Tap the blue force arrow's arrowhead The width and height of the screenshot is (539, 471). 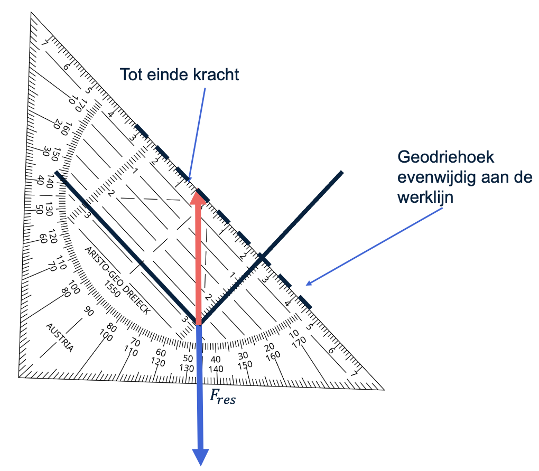click(200, 457)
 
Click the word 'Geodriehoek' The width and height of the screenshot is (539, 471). click(446, 157)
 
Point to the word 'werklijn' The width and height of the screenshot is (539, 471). click(425, 197)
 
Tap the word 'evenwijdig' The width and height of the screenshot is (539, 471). click(437, 177)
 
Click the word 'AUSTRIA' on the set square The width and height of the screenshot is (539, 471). click(60, 338)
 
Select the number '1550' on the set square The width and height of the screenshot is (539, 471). click(112, 289)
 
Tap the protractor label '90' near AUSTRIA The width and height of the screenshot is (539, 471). click(88, 311)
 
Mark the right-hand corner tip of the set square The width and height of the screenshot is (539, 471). click(384, 390)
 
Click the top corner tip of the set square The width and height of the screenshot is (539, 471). click(31, 12)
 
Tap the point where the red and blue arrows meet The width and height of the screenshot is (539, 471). click(198, 324)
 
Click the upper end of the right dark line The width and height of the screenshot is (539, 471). click(342, 172)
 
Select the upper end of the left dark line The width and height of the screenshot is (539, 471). click(57, 172)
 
